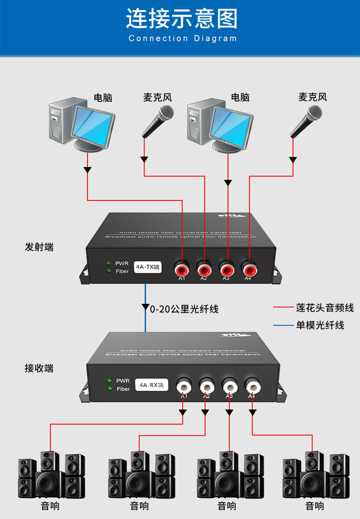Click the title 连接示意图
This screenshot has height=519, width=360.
point(182,19)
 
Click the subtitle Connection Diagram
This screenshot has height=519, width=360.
point(182,38)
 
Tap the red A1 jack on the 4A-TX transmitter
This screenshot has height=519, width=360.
point(182,268)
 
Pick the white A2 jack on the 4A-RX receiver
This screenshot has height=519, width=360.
point(207,386)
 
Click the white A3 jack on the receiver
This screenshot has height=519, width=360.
point(230,386)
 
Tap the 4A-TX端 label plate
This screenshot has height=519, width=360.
point(147,267)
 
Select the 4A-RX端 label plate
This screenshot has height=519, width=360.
point(151,385)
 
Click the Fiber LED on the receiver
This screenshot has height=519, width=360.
point(110,389)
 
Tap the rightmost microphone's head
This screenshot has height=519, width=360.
point(314,113)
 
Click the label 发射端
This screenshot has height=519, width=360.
point(39,247)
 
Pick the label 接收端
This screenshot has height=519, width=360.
point(39,368)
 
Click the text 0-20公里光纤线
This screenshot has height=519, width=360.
point(184,309)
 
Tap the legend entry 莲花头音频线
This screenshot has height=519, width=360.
point(324,308)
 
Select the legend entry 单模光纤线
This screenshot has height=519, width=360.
point(320,325)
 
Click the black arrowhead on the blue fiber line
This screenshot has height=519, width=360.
point(146,307)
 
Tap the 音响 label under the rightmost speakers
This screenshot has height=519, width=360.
point(314,505)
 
